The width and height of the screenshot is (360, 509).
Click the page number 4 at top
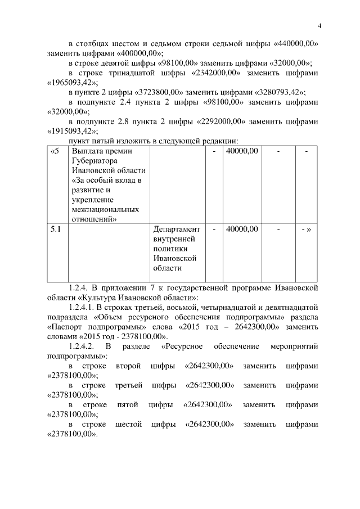(319, 25)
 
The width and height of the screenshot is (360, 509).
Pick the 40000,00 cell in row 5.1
(242, 229)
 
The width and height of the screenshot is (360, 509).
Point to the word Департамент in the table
(176, 229)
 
